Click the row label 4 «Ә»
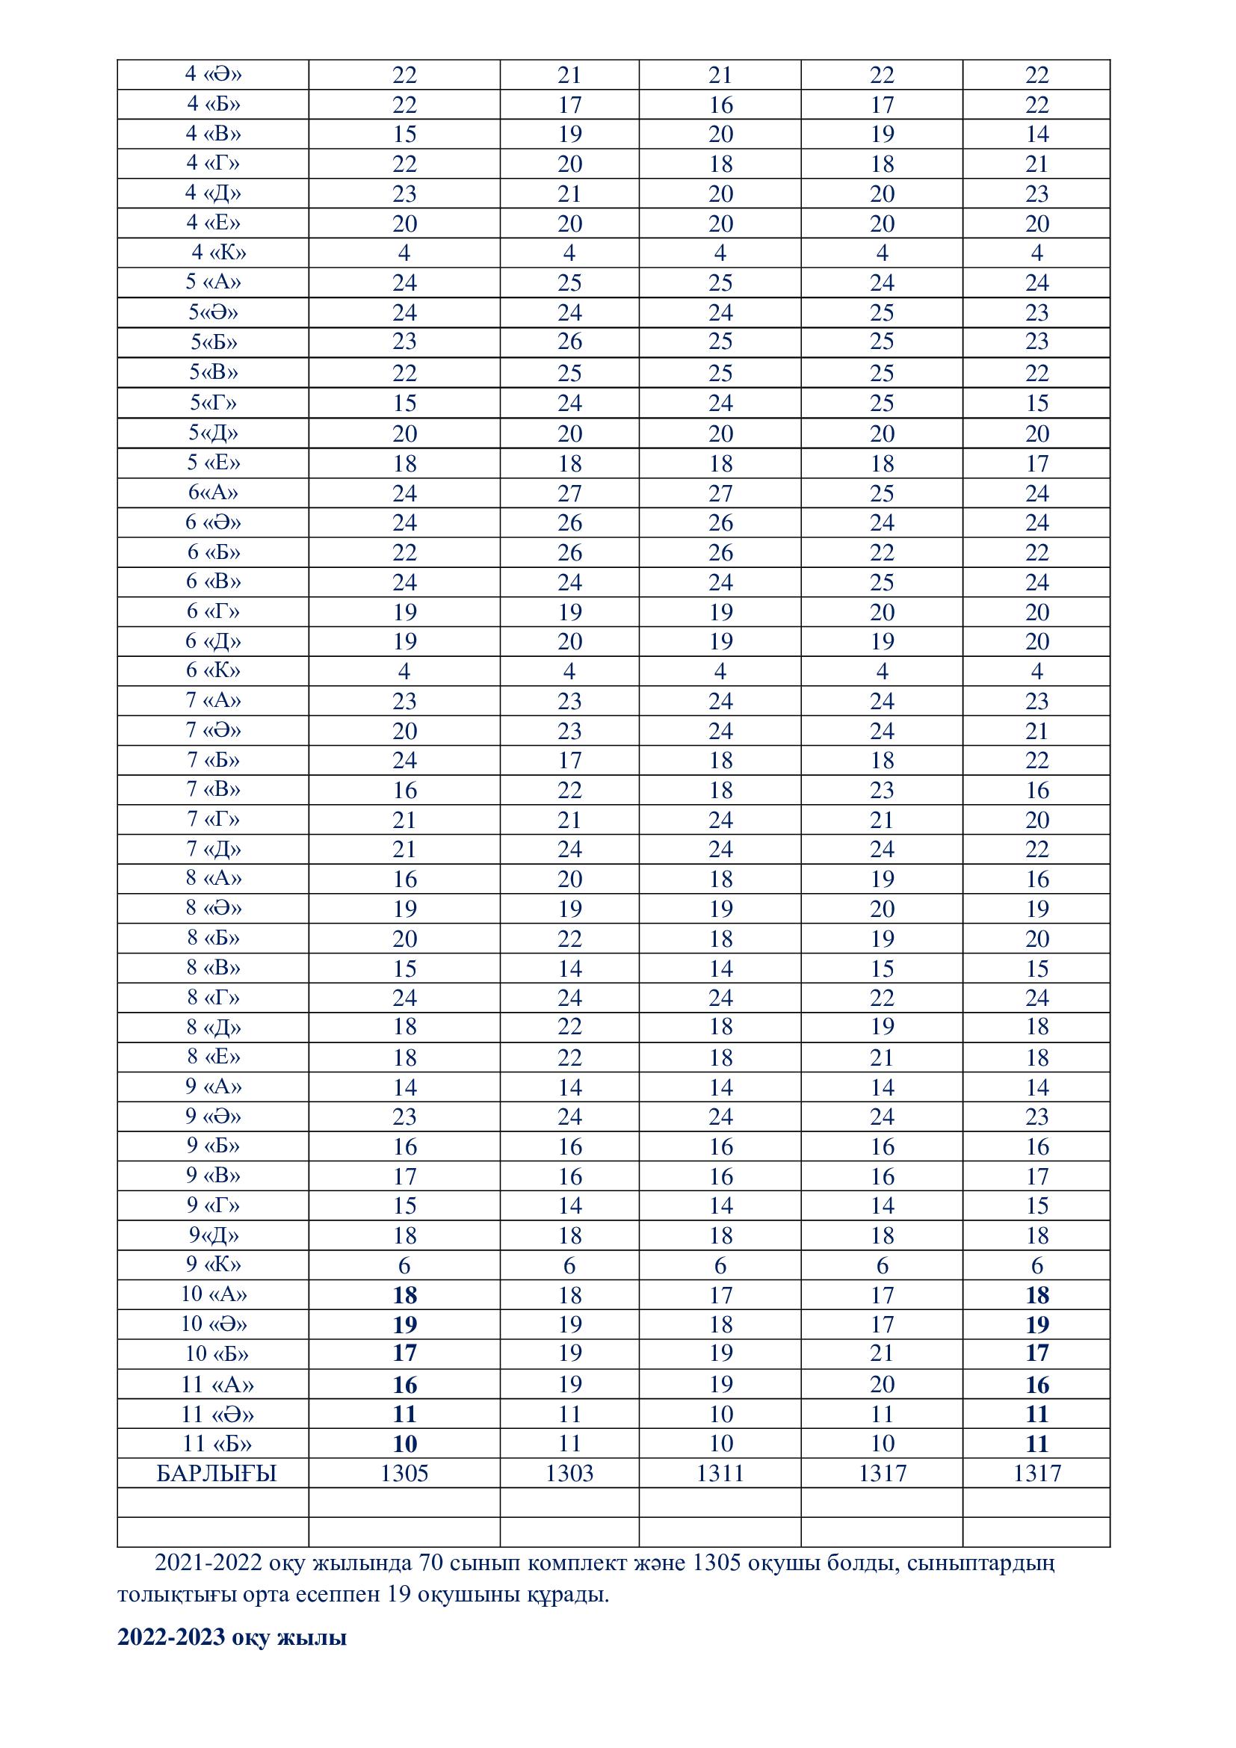pyautogui.click(x=213, y=75)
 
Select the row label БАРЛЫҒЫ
pyautogui.click(x=216, y=1474)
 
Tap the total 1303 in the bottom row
pyautogui.click(x=569, y=1474)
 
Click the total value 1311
pyautogui.click(x=720, y=1474)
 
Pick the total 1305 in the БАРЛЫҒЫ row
pyautogui.click(x=404, y=1474)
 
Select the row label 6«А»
pyautogui.click(x=213, y=492)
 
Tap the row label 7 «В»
pyautogui.click(x=213, y=789)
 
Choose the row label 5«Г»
pyautogui.click(x=213, y=403)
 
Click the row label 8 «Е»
pyautogui.click(x=213, y=1057)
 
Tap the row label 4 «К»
pyautogui.click(x=218, y=253)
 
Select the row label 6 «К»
pyautogui.click(x=213, y=670)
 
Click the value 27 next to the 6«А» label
pyautogui.click(x=569, y=493)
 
